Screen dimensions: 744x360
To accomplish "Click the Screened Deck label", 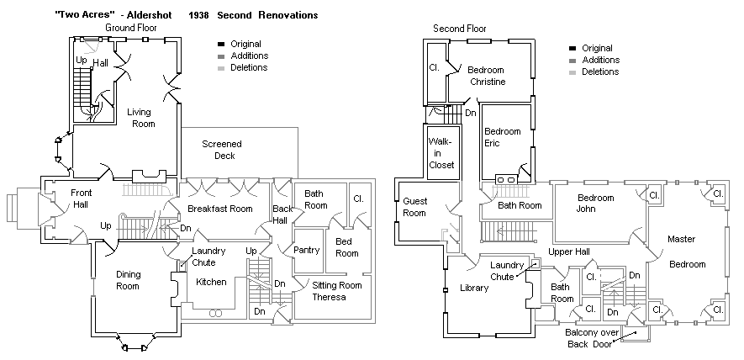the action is (222, 150).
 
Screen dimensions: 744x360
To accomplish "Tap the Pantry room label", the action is (307, 250).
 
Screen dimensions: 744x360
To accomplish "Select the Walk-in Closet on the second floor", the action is (441, 153).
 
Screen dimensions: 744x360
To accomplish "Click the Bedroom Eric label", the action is (503, 137).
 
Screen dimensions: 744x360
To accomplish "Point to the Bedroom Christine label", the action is (488, 76).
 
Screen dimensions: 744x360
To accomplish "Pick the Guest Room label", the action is (414, 207).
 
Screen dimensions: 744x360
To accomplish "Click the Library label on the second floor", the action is (474, 288).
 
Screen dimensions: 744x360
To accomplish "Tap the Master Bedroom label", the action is (687, 251).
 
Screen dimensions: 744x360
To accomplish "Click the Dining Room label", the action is (128, 280).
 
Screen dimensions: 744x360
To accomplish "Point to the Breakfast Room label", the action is (220, 209).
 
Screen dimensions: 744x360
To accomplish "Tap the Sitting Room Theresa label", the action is (337, 291).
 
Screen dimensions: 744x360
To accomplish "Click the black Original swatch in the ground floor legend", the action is (220, 45).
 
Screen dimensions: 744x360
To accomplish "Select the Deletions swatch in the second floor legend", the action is (573, 72).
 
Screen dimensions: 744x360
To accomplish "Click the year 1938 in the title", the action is (198, 15).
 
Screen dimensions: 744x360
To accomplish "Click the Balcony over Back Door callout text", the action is (592, 338).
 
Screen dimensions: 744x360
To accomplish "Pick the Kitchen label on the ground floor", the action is (211, 282).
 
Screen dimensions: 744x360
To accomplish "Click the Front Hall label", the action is (82, 199).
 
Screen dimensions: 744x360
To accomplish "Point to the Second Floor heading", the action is (460, 29).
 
